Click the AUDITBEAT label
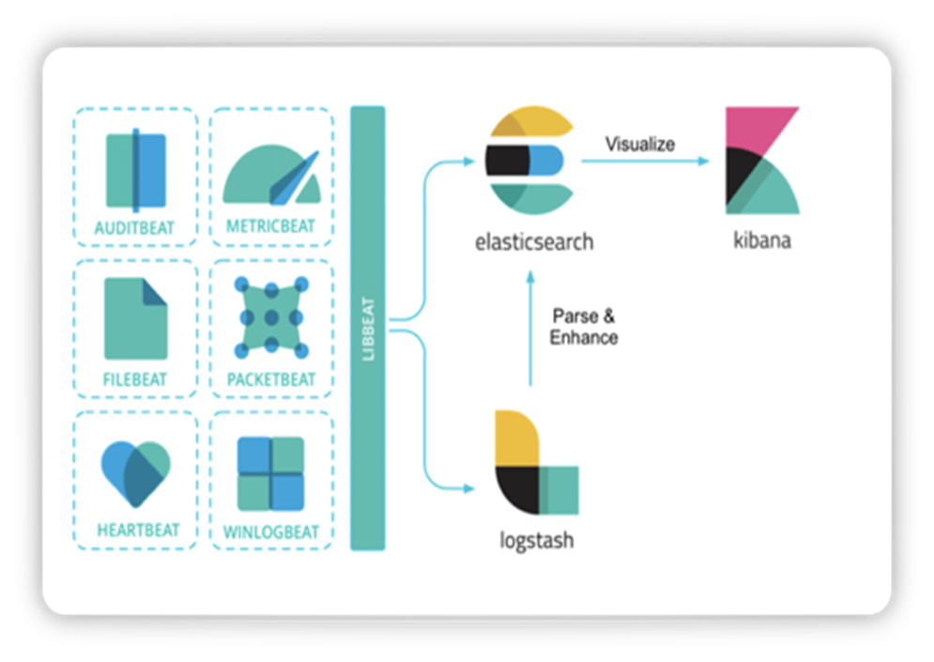click(134, 227)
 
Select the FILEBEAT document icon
click(135, 318)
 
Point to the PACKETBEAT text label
click(271, 379)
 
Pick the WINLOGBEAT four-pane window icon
click(271, 473)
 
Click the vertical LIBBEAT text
click(368, 328)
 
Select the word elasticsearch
click(533, 241)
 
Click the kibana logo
click(761, 161)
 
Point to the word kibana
click(761, 240)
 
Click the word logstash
click(536, 541)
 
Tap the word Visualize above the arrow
click(639, 144)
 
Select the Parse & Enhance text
click(583, 327)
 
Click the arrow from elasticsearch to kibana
click(644, 162)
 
